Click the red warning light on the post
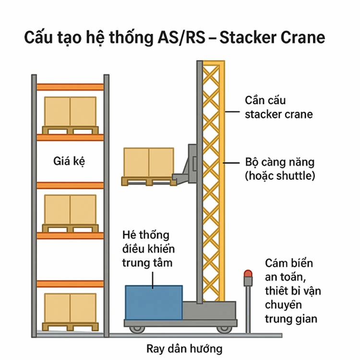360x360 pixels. tap(248, 273)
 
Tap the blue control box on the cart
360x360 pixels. tap(154, 302)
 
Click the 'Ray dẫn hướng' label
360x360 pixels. tap(184, 348)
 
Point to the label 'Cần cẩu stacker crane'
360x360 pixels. tap(278, 107)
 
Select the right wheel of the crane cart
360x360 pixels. tap(224, 329)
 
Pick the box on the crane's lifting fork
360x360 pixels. tap(148, 162)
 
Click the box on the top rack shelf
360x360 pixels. tap(70, 112)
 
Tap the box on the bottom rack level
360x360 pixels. tap(70, 308)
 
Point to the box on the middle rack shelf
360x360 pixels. tap(70, 209)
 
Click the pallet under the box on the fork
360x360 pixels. tap(148, 181)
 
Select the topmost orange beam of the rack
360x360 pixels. tap(70, 87)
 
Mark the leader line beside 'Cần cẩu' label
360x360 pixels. tap(232, 111)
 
